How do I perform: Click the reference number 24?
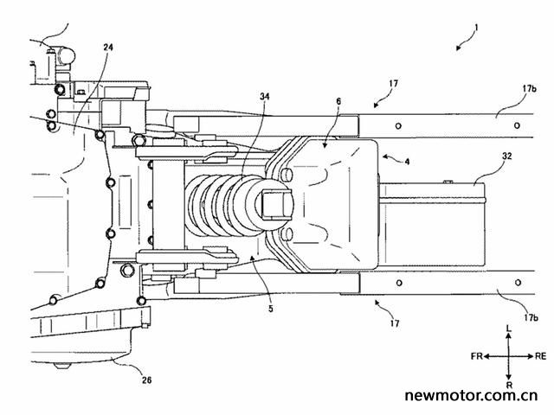(x=108, y=48)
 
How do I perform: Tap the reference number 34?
(x=265, y=96)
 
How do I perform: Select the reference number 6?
(x=338, y=102)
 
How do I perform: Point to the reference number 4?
(x=408, y=162)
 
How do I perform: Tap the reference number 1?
(x=477, y=27)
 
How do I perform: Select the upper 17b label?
(x=529, y=88)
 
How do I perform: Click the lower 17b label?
(x=530, y=317)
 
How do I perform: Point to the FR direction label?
(x=477, y=356)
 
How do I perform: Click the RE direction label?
(x=540, y=356)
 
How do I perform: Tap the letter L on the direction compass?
(x=509, y=329)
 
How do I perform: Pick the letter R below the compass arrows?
(x=509, y=385)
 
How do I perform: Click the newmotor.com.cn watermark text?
(x=471, y=396)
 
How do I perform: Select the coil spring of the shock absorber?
(x=222, y=206)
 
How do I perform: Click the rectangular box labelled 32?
(x=433, y=224)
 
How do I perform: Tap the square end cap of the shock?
(x=277, y=205)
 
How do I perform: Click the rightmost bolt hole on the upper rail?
(x=517, y=125)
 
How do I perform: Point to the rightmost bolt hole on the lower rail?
(x=518, y=283)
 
